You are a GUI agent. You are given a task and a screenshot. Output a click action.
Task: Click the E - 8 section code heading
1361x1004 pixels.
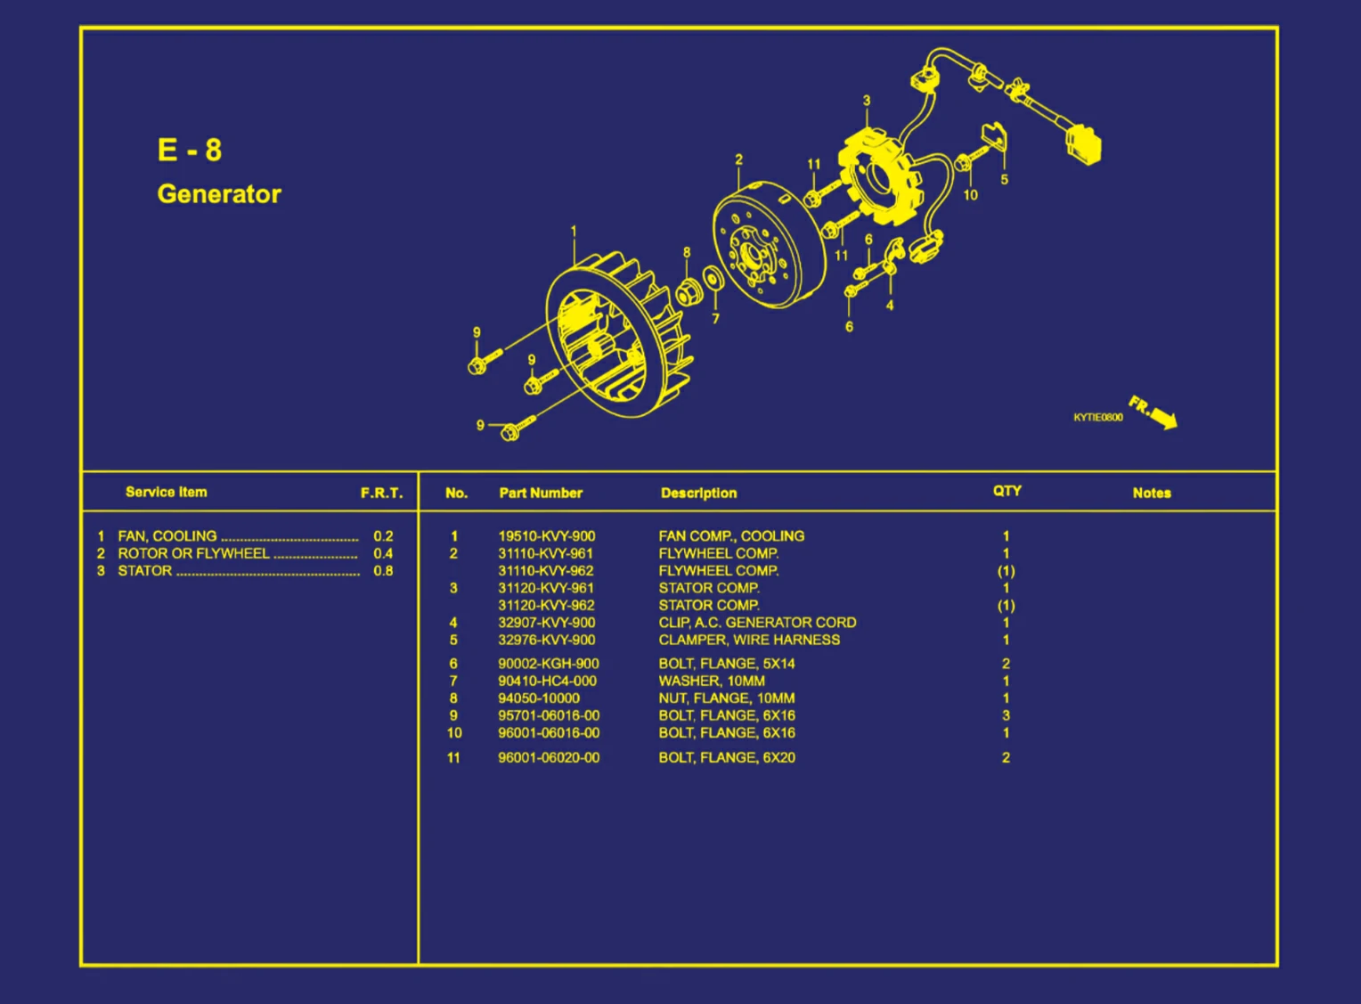[x=190, y=150]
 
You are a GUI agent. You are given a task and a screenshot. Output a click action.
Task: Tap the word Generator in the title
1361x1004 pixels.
[x=219, y=194]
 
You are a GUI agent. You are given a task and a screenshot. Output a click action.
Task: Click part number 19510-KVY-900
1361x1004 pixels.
[x=546, y=536]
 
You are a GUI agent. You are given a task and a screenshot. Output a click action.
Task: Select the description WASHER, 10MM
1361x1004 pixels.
[x=712, y=682]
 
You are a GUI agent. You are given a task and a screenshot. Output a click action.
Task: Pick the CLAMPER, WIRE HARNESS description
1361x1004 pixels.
[x=749, y=640]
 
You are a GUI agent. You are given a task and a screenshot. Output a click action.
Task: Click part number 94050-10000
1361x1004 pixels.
[x=539, y=698]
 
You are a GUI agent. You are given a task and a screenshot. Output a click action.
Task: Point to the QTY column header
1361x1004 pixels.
[x=1006, y=491]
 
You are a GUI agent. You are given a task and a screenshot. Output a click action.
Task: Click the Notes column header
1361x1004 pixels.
[x=1152, y=493]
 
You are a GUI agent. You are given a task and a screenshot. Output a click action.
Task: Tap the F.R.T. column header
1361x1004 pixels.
[x=381, y=493]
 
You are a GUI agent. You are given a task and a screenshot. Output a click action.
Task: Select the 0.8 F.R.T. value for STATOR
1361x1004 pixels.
[x=383, y=571]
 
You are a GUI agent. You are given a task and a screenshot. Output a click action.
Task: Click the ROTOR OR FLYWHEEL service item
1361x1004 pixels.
[x=193, y=553]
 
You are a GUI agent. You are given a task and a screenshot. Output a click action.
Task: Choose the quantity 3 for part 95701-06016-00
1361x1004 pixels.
[x=1006, y=715]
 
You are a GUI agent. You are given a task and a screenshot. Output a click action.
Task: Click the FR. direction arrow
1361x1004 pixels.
[x=1154, y=412]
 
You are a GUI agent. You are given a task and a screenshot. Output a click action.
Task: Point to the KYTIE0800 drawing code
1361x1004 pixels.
[x=1097, y=418]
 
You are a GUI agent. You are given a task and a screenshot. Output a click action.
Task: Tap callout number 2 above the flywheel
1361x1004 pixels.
[x=738, y=159]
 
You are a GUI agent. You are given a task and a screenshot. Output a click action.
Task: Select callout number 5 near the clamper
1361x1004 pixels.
[x=1004, y=180]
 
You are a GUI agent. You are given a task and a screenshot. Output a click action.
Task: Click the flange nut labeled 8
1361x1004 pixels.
[x=688, y=291]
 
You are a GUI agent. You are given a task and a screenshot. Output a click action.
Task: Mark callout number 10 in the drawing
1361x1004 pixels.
[x=970, y=195]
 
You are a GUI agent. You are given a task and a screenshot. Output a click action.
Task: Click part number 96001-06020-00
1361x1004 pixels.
[x=549, y=758]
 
